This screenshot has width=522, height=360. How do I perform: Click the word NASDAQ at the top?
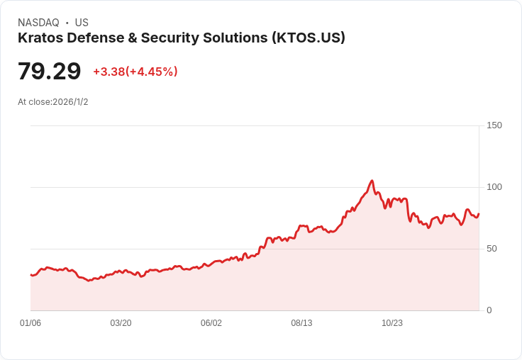pyautogui.click(x=38, y=23)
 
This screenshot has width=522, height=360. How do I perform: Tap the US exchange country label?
pyautogui.click(x=82, y=23)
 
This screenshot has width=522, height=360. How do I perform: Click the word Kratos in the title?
pyautogui.click(x=40, y=38)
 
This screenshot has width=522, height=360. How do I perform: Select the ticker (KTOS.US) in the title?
pyautogui.click(x=308, y=38)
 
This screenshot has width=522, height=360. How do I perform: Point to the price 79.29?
pyautogui.click(x=49, y=72)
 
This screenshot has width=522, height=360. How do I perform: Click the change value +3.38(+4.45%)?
pyautogui.click(x=135, y=72)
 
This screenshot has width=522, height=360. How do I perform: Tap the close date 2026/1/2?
pyautogui.click(x=70, y=102)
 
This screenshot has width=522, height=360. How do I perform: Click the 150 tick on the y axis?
pyautogui.click(x=494, y=125)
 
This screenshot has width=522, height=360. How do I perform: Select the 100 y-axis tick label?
pyautogui.click(x=494, y=187)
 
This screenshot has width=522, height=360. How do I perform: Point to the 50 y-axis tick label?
pyautogui.click(x=492, y=249)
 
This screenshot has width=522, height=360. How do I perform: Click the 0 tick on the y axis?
pyautogui.click(x=489, y=310)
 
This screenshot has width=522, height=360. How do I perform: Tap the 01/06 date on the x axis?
pyautogui.click(x=30, y=323)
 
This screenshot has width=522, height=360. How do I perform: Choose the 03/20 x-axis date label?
pyautogui.click(x=121, y=323)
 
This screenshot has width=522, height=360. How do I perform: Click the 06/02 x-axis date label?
pyautogui.click(x=211, y=323)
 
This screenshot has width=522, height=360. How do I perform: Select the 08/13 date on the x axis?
pyautogui.click(x=301, y=323)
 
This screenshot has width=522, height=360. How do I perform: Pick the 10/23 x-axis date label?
pyautogui.click(x=392, y=323)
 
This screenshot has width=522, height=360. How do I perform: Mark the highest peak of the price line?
pyautogui.click(x=372, y=181)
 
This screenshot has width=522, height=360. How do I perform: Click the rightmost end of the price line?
pyautogui.click(x=479, y=214)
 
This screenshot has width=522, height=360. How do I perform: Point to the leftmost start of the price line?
pyautogui.click(x=30, y=275)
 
